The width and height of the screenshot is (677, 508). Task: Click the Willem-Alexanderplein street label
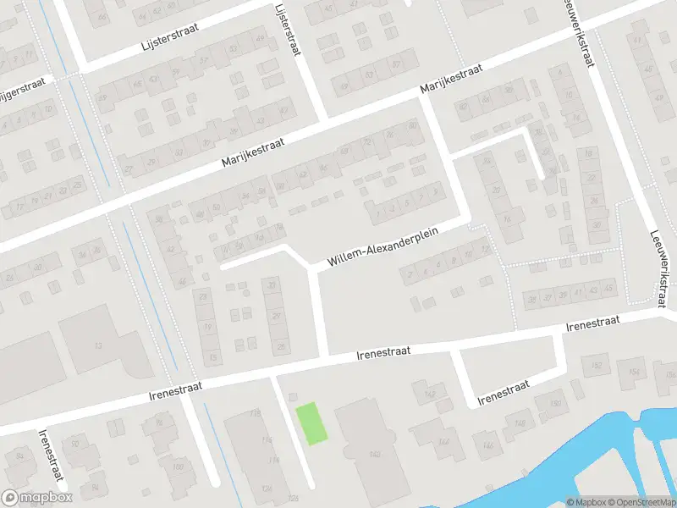point(385,249)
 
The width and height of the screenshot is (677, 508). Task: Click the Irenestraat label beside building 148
point(503,390)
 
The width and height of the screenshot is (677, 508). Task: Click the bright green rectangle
point(311,423)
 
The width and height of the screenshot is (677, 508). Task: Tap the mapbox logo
point(35,498)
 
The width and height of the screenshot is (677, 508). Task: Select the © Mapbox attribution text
point(584,501)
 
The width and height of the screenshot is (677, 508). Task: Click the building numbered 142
point(429,394)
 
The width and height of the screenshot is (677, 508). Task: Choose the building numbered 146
point(487,444)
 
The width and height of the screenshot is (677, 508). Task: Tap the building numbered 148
point(520,422)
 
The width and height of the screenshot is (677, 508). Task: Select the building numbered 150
point(555,403)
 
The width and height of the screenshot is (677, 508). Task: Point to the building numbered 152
point(597,366)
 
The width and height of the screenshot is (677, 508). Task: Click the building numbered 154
point(634,370)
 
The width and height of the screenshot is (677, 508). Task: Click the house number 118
point(255,413)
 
